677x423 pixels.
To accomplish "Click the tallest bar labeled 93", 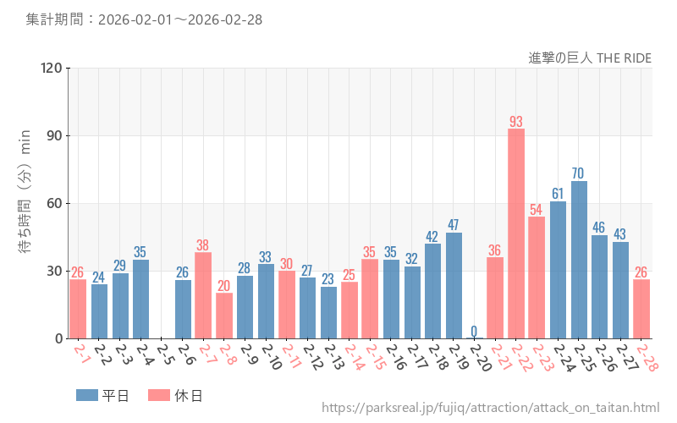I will pos(516,233).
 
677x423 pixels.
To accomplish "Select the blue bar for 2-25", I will pos(579,260).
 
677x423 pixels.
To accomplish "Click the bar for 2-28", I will pos(641,309).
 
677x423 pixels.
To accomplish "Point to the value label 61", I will pos(558,194).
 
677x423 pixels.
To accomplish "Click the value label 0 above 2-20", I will pos(474,331).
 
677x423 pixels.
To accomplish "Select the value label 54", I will pos(537,209).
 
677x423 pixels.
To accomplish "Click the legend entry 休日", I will pos(174,395).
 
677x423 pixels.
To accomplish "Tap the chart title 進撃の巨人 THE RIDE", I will pos(589,58).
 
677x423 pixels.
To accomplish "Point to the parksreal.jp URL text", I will pos(490,408).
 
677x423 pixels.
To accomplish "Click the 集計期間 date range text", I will pos(144,19).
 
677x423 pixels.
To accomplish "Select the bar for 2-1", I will pos(78,309).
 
